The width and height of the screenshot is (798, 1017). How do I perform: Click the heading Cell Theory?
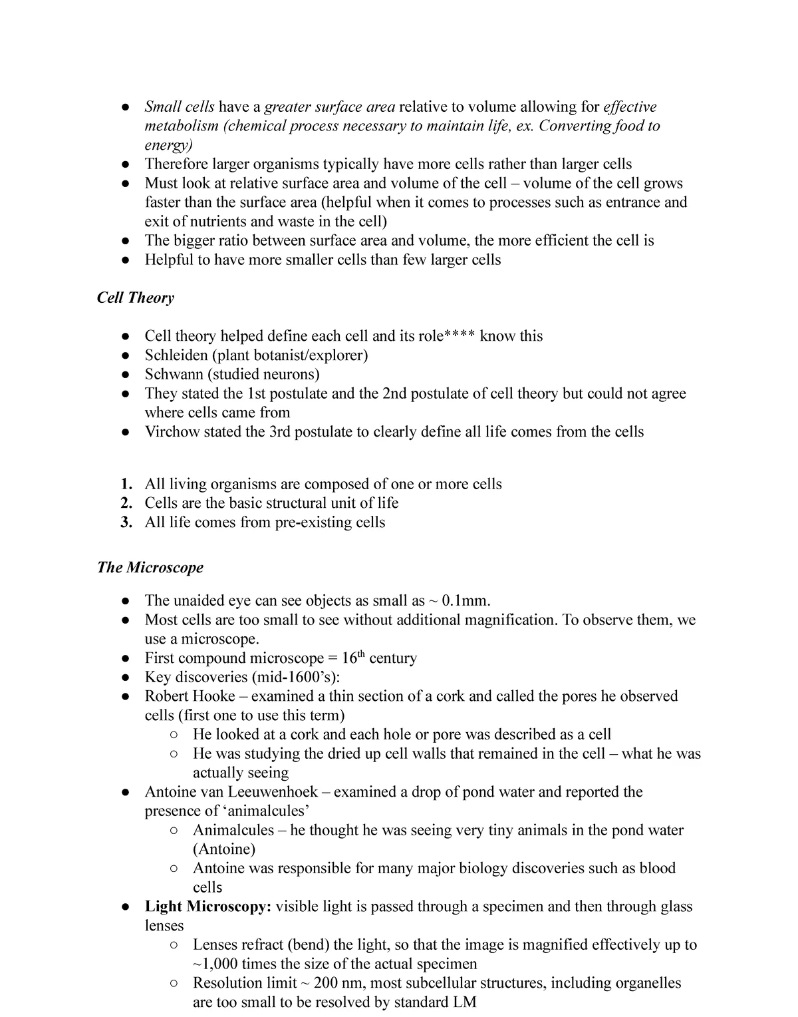click(136, 298)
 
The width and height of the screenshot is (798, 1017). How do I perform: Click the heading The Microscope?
click(150, 568)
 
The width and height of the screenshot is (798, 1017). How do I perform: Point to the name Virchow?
click(172, 432)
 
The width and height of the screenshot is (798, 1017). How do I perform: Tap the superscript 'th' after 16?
click(362, 655)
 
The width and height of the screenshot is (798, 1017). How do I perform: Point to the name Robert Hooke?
click(190, 697)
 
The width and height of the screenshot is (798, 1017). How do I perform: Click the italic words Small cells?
click(180, 107)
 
